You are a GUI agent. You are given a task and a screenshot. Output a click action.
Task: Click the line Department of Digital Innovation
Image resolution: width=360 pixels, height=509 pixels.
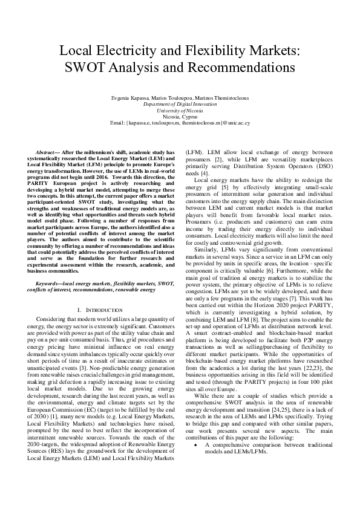(x=180, y=104)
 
